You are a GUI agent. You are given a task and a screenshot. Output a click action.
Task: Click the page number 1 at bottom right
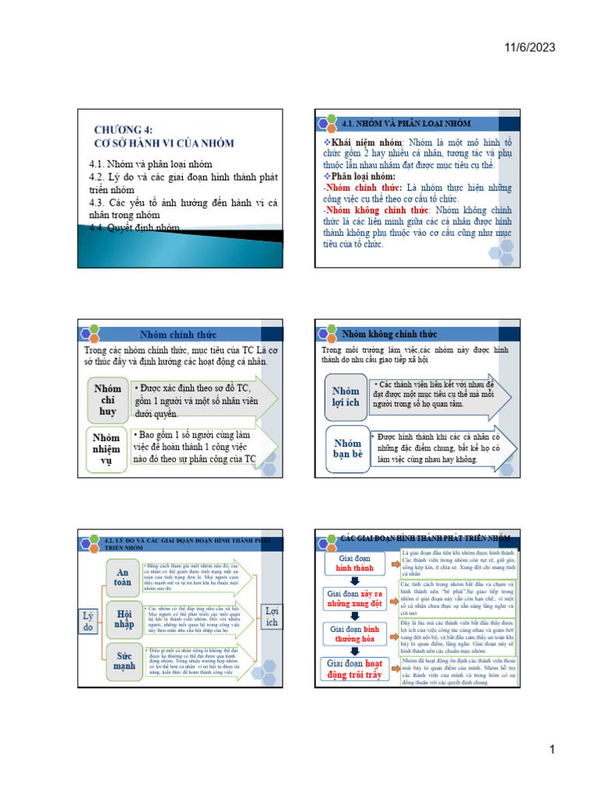pyautogui.click(x=551, y=750)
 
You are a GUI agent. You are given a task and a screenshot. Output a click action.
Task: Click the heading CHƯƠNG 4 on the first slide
pyautogui.click(x=124, y=130)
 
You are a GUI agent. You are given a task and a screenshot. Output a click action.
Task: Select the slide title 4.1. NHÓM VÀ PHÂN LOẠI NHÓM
pyautogui.click(x=406, y=123)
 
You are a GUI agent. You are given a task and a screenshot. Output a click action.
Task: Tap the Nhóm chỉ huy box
pyautogui.click(x=107, y=399)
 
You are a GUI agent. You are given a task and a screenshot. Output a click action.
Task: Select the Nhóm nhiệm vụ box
pyautogui.click(x=107, y=449)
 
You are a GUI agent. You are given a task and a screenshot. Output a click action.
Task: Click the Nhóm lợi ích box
pyautogui.click(x=346, y=397)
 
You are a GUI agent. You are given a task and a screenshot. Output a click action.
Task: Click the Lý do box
pyautogui.click(x=88, y=621)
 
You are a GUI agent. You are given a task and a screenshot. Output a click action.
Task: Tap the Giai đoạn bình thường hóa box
pyautogui.click(x=355, y=634)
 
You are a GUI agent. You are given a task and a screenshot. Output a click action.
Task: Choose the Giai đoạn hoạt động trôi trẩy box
pyautogui.click(x=355, y=669)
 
